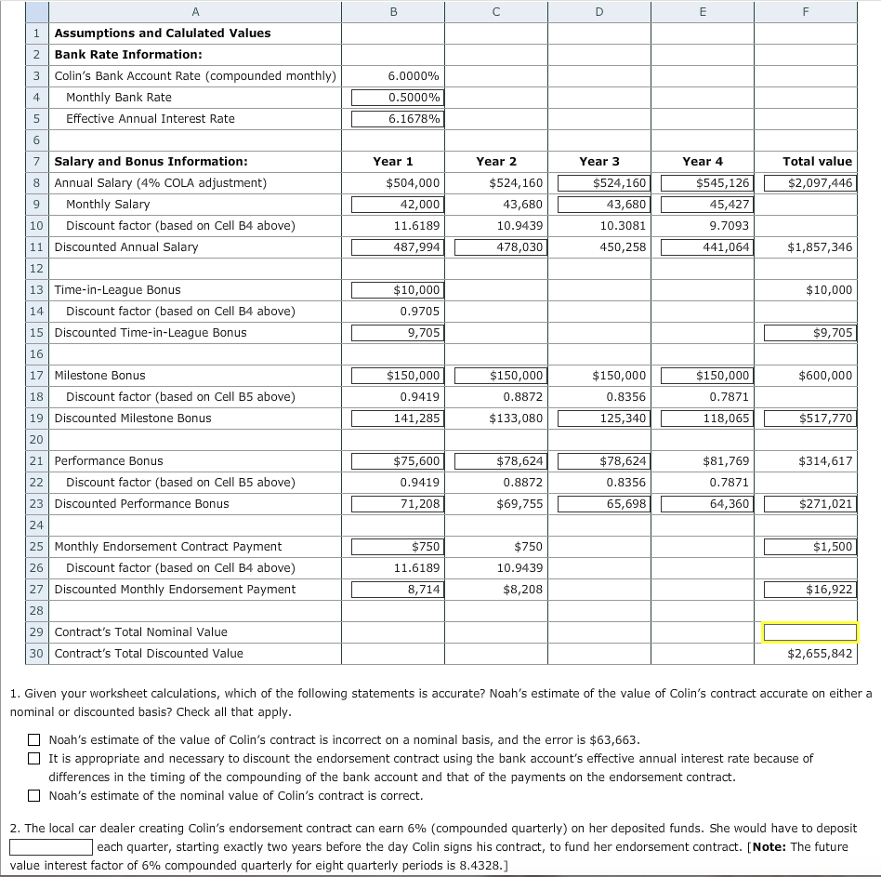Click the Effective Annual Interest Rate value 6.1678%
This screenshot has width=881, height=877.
(397, 119)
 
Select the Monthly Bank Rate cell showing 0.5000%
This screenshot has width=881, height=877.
(397, 98)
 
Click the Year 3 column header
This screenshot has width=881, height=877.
(598, 162)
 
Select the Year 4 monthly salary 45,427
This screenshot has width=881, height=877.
(706, 205)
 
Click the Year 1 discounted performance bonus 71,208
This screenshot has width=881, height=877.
(397, 504)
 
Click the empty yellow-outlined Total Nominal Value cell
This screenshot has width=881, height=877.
(809, 632)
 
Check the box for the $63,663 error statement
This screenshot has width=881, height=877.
(34, 741)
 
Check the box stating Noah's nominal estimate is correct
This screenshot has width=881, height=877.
(34, 796)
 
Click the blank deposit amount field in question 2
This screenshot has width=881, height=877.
(50, 847)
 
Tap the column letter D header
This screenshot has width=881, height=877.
(598, 11)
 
